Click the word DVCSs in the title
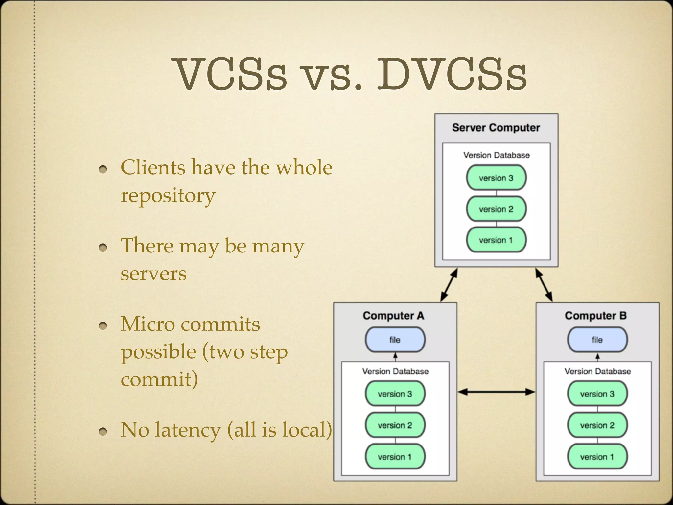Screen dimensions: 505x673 [452, 75]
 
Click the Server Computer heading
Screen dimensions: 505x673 [496, 128]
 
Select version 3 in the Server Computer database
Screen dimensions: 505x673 [496, 178]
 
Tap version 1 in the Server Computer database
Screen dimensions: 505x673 [496, 240]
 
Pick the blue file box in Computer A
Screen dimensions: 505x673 [395, 340]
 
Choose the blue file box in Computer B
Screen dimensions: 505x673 [597, 340]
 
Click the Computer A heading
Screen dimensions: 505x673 [393, 316]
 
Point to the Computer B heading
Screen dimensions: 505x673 [595, 316]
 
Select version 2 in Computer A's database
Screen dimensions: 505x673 [395, 425]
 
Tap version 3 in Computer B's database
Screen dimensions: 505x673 [597, 394]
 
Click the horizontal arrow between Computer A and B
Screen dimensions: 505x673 [496, 392]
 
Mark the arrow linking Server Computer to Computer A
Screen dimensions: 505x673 [449, 285]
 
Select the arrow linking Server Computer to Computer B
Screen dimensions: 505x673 [544, 285]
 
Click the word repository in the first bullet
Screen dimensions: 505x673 [168, 196]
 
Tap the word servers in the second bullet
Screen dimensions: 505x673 [153, 274]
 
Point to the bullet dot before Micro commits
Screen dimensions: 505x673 [103, 326]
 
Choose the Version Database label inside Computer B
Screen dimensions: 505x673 [597, 372]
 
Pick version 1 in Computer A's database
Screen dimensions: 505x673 [395, 457]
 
